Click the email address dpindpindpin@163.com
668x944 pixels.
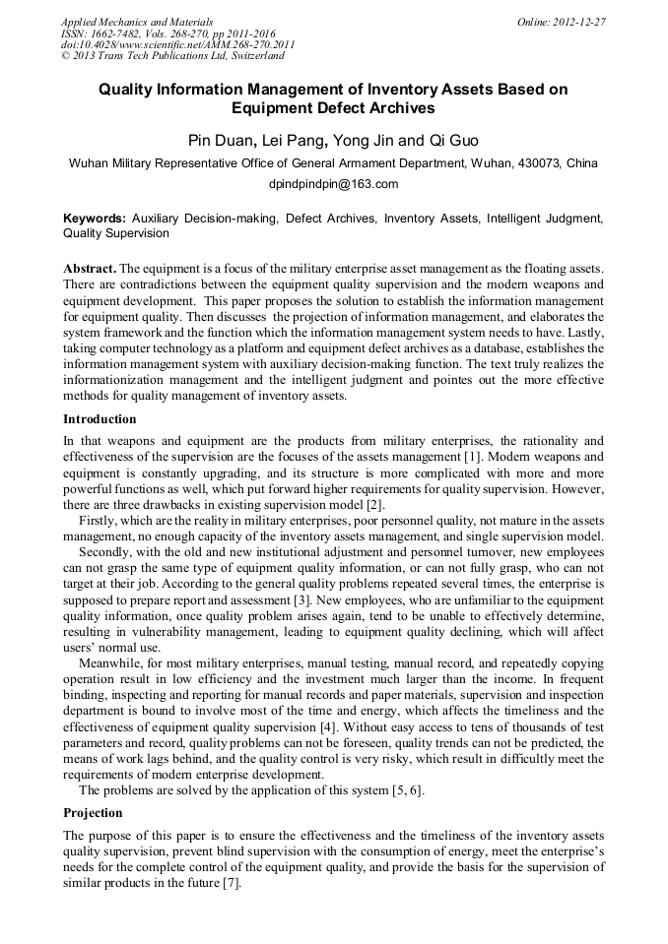point(333,184)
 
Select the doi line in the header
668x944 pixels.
point(177,44)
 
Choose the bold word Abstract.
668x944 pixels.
point(90,269)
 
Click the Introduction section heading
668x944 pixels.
point(100,419)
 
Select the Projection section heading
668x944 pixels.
point(93,813)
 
